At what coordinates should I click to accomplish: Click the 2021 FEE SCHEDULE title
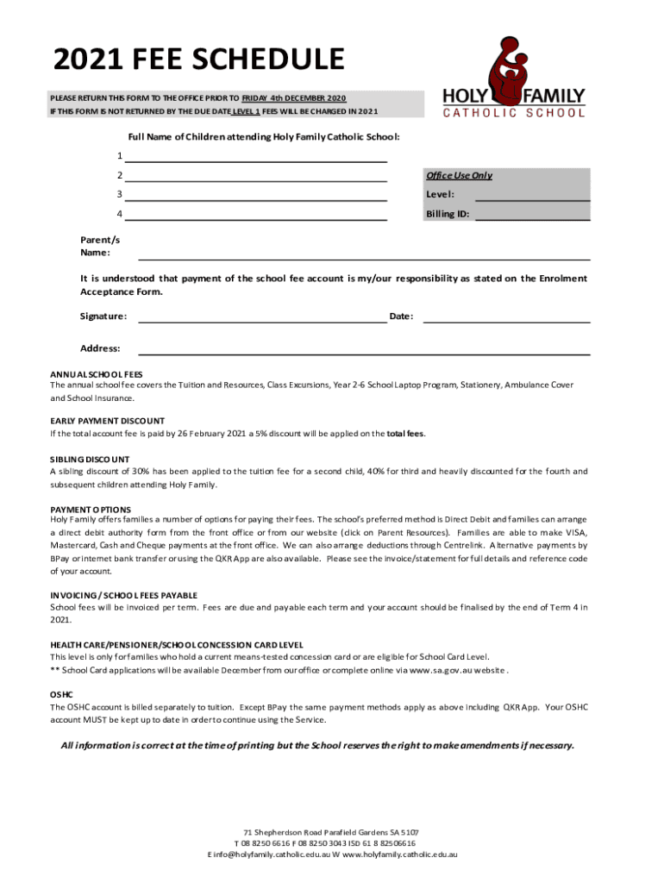pyautogui.click(x=199, y=60)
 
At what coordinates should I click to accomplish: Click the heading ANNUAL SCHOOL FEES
pyautogui.click(x=97, y=375)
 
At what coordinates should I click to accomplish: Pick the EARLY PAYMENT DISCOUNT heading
pyautogui.click(x=108, y=421)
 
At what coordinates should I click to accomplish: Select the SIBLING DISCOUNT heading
pyautogui.click(x=90, y=460)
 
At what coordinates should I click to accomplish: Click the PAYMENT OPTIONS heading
pyautogui.click(x=91, y=510)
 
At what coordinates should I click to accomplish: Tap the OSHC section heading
pyautogui.click(x=61, y=694)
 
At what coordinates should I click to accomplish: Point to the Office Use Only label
pyautogui.click(x=459, y=176)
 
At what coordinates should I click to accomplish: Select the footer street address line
pyautogui.click(x=332, y=832)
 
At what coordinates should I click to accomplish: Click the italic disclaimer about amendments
pyautogui.click(x=317, y=745)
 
